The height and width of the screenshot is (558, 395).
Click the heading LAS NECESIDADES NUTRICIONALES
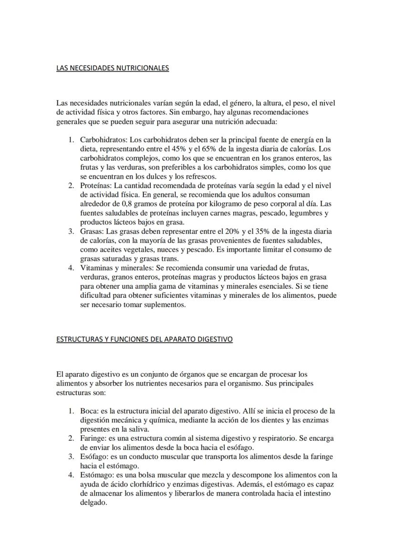point(113,68)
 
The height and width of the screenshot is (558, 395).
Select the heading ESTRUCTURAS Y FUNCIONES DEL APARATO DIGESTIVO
point(145,339)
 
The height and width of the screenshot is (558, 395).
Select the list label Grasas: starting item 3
point(92,231)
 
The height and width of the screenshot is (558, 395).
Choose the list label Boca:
point(89,411)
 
